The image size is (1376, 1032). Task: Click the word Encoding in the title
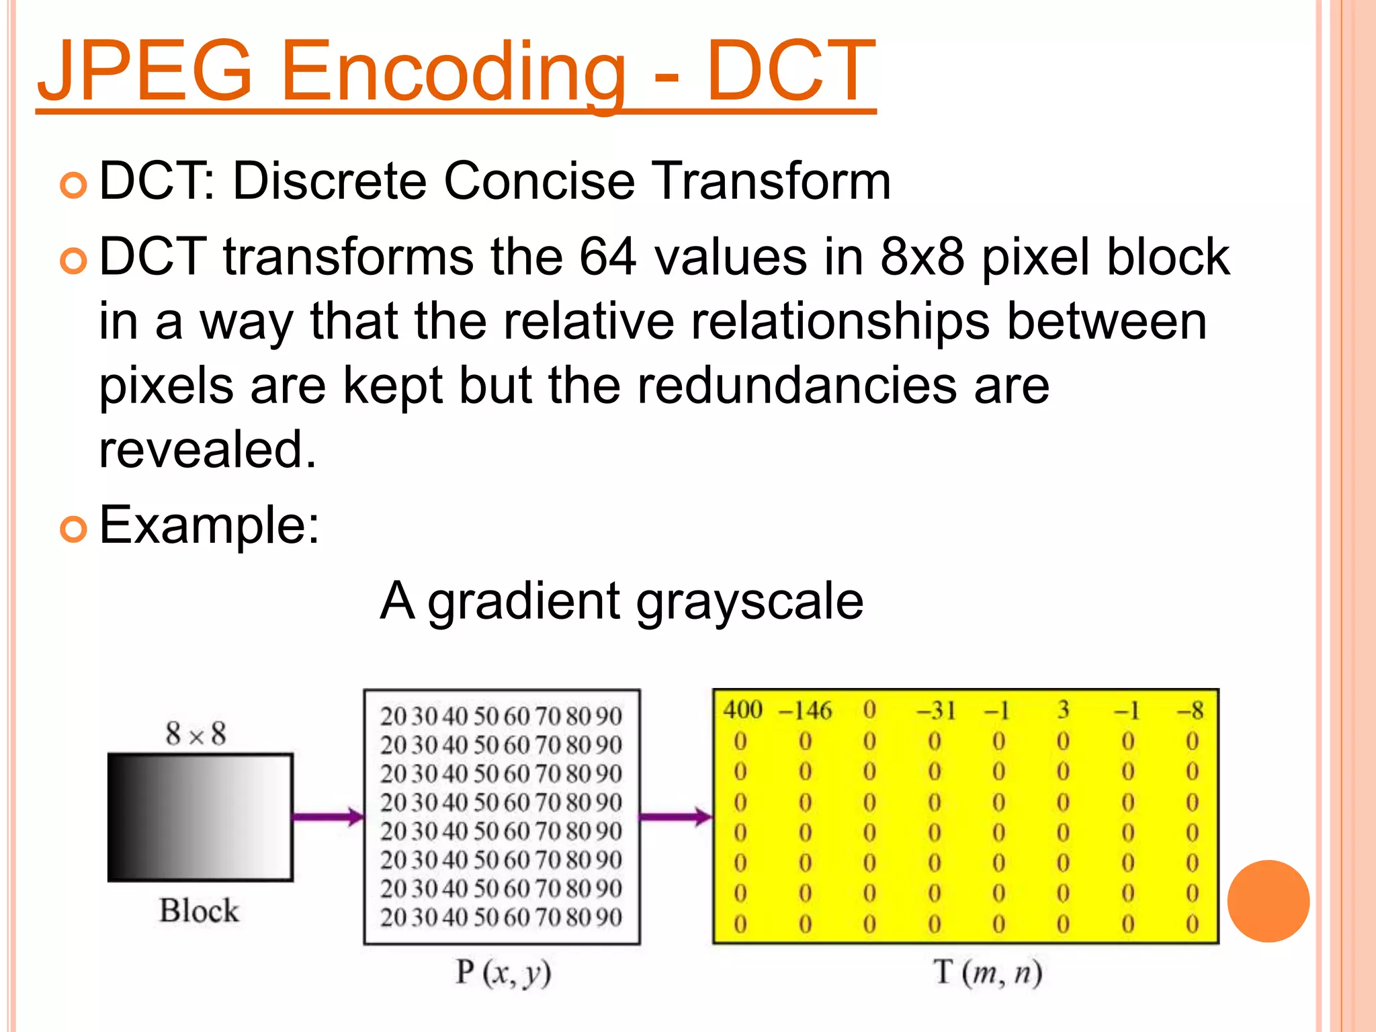coord(454,72)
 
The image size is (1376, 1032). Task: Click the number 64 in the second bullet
coord(607,257)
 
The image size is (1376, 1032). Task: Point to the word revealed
coord(207,449)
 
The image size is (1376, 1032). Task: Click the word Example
coord(208,525)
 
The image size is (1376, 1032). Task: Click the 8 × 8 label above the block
coord(196,734)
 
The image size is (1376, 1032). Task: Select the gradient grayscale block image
coord(200,817)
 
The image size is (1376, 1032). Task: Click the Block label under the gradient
coord(199,911)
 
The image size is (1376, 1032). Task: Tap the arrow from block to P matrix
coord(328,817)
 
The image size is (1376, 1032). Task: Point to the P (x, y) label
coord(503,972)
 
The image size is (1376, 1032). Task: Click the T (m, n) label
coord(988,972)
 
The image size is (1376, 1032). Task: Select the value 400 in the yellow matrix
coord(742,710)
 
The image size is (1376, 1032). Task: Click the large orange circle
coord(1268,901)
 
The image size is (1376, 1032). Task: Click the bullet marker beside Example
coord(73,529)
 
